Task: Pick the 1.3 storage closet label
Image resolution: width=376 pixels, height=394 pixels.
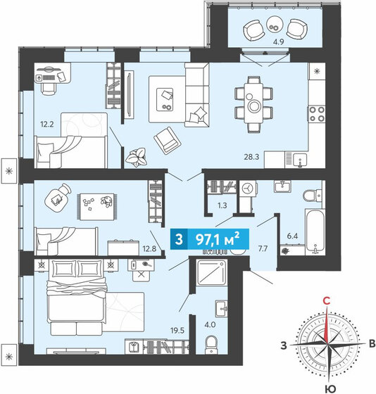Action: (223, 205)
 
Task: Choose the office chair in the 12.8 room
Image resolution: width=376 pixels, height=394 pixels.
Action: (58, 195)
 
